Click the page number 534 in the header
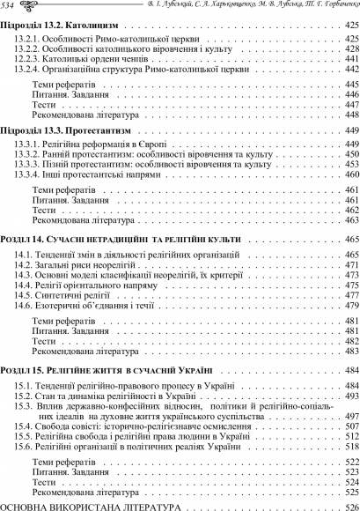click(11, 6)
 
